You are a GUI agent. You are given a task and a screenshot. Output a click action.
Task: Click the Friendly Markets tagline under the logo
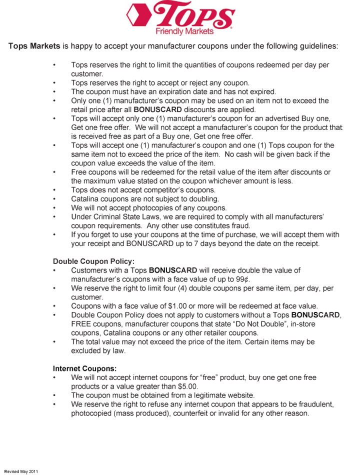pos(184,31)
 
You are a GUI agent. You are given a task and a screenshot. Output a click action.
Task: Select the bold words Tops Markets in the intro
pos(34,46)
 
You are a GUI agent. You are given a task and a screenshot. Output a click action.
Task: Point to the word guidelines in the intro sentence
pos(315,46)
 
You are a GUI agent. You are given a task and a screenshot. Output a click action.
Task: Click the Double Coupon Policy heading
pos(93,261)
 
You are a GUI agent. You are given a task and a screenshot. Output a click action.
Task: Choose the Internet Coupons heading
pos(84,368)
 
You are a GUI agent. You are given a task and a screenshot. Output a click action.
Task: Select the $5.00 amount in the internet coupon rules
pos(187,386)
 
